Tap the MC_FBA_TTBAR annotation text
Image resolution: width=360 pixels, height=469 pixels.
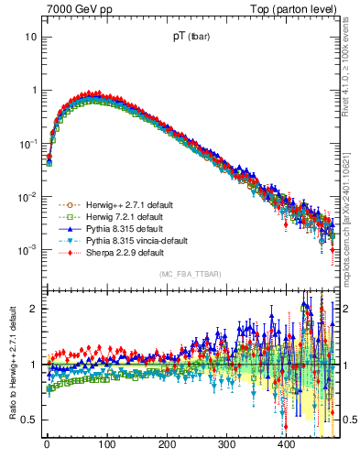click(x=190, y=275)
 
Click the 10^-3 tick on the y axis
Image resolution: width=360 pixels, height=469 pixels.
click(x=27, y=250)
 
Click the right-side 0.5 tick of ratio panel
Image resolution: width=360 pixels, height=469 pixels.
click(x=346, y=420)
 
